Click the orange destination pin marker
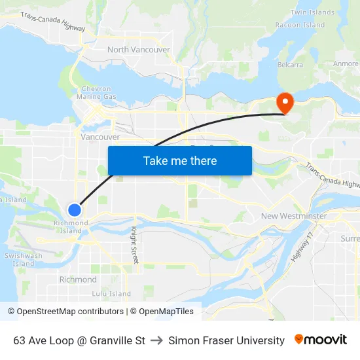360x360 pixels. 285,103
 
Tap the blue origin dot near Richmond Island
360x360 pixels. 75,209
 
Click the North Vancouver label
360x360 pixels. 138,50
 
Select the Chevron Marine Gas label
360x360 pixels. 98,93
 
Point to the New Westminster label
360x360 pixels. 294,216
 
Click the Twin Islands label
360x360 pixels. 312,12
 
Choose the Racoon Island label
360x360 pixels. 300,25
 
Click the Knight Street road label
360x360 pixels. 134,245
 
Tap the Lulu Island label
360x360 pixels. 111,294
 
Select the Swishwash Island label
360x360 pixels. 23,259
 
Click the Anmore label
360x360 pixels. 346,64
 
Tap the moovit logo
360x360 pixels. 320,340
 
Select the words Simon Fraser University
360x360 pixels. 226,340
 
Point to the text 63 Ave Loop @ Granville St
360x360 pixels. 79,340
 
